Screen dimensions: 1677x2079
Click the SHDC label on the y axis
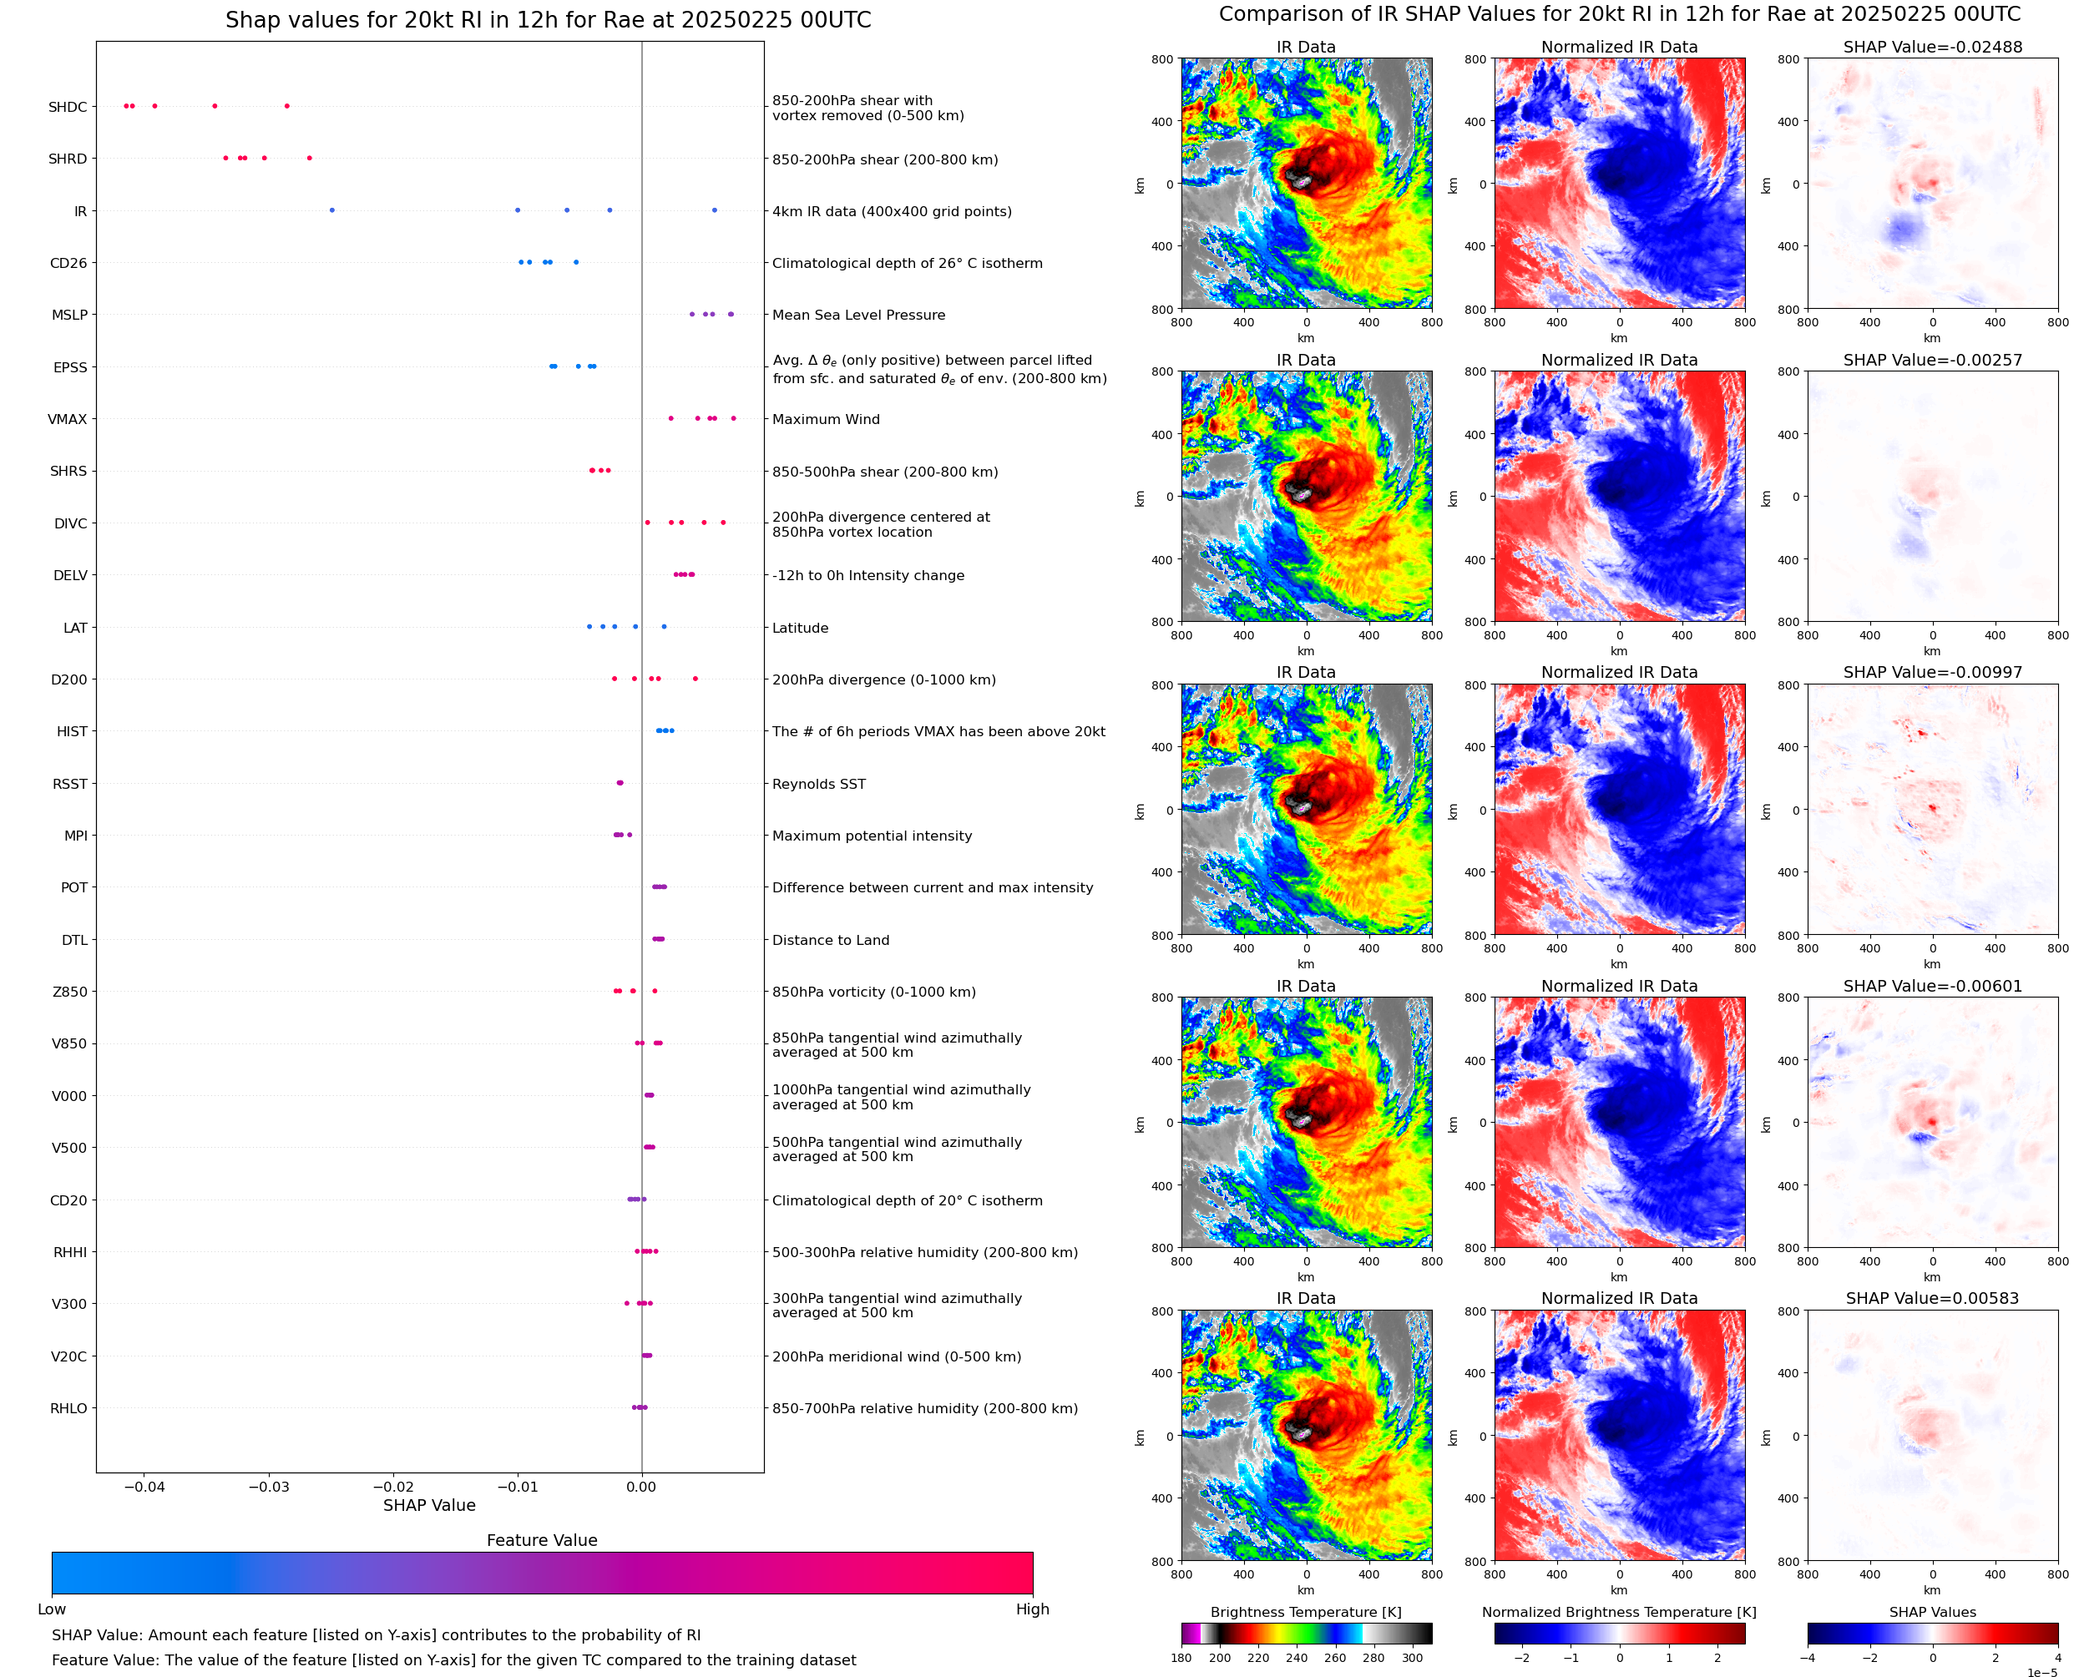pos(68,107)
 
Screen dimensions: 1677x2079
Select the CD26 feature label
pos(68,263)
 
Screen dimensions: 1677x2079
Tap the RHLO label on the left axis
pos(68,1408)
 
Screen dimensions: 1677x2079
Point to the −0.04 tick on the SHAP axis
pos(144,1487)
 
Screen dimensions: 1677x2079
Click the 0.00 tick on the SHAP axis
pos(641,1487)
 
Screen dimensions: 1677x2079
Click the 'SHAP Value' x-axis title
pos(429,1506)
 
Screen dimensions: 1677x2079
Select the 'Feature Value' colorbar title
pos(542,1541)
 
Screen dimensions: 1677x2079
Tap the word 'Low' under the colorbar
pos(51,1609)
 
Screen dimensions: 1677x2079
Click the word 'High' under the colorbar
pos(1032,1609)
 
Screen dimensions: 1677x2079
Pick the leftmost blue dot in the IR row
pos(332,210)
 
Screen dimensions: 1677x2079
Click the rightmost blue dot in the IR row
pos(714,210)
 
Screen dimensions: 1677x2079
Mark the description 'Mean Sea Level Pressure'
pos(857,315)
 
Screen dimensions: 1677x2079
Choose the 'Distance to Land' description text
pos(830,940)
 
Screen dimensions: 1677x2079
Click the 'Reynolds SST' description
pos(818,785)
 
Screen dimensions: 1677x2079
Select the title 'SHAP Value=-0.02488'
pos(1932,48)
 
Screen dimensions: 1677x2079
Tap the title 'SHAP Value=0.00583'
pos(1932,1298)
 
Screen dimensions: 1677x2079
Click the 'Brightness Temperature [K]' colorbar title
pos(1305,1612)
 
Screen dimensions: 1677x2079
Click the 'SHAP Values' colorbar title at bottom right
pos(1932,1612)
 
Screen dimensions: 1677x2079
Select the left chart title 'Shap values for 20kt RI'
pos(548,20)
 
